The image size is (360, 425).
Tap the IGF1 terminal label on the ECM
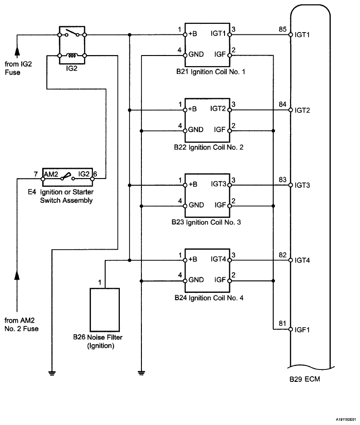point(304,330)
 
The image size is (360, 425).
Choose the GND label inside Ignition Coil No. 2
point(196,130)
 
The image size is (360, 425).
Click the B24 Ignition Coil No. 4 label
point(207,298)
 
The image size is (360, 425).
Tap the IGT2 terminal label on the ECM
point(303,111)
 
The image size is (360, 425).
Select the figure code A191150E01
point(343,419)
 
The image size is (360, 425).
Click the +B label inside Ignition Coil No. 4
point(192,259)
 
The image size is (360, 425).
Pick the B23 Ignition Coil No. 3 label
point(207,222)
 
